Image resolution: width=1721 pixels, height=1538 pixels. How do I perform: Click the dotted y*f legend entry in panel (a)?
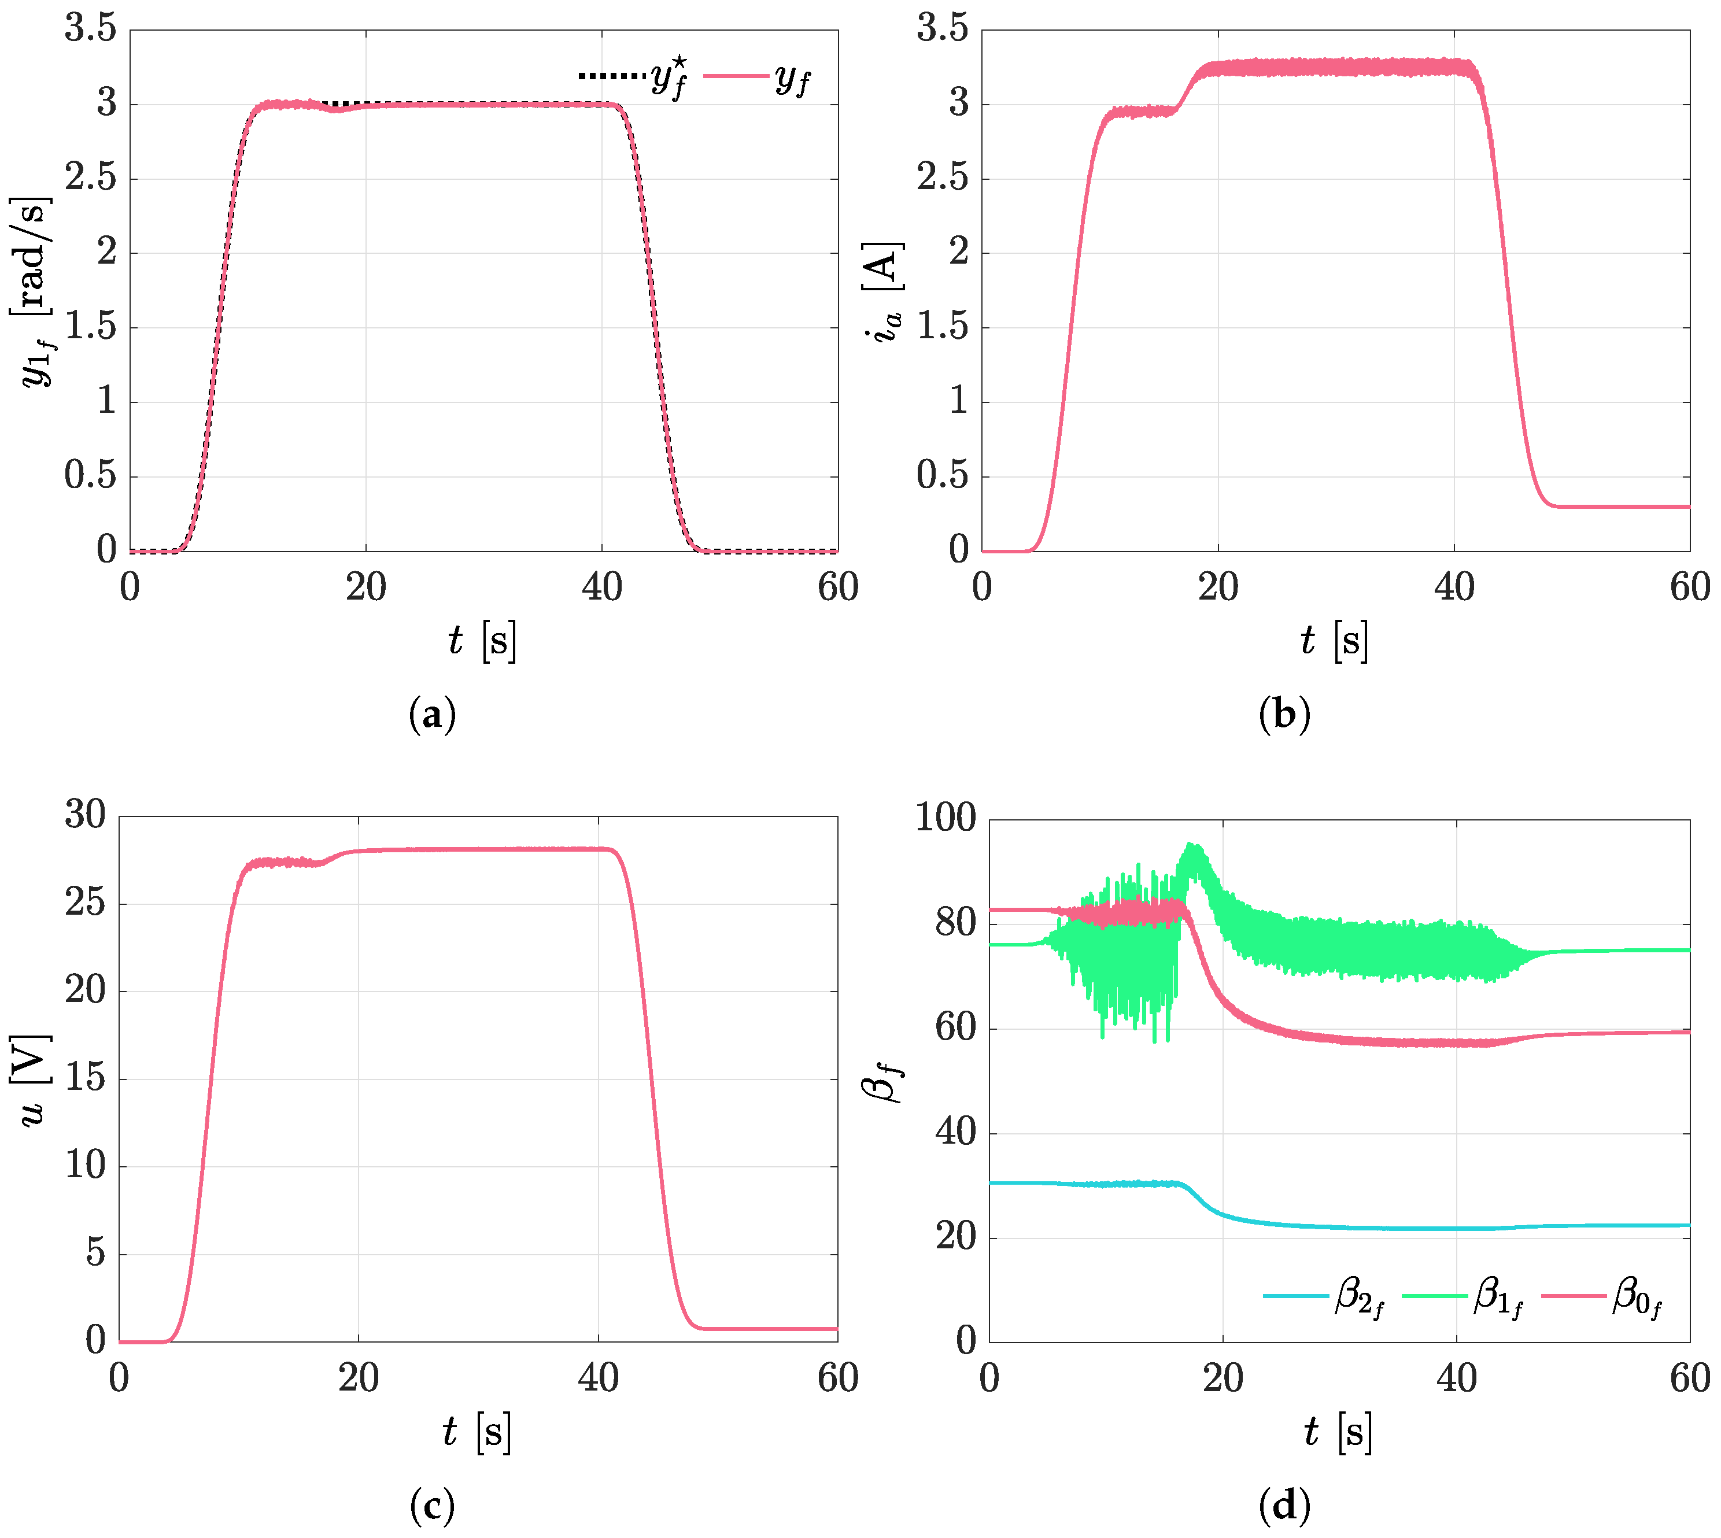pos(632,77)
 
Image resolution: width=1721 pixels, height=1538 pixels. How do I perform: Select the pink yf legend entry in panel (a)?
pos(756,77)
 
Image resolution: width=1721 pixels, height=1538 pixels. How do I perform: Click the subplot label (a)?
pos(432,715)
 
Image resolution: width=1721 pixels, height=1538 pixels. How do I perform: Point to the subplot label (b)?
pos(1284,715)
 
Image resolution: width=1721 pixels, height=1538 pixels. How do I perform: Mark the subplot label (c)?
pos(432,1504)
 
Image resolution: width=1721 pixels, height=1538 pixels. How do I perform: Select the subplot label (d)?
pos(1284,1504)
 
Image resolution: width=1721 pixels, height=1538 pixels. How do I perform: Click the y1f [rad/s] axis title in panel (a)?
pos(34,291)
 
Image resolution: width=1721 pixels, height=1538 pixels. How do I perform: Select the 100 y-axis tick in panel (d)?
pos(946,818)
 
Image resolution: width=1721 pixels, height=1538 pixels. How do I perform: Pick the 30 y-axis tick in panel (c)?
pos(86,815)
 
